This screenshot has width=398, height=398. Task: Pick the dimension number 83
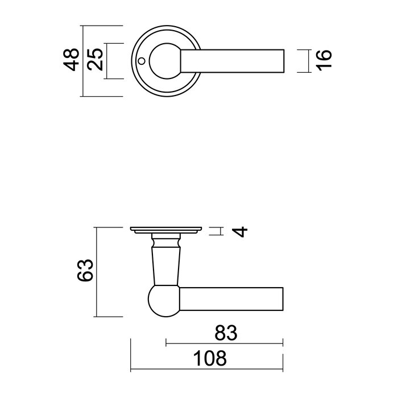224,331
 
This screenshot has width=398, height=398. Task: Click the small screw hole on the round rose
142,60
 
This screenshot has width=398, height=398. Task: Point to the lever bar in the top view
233,60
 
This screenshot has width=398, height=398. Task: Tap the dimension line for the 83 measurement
224,343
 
